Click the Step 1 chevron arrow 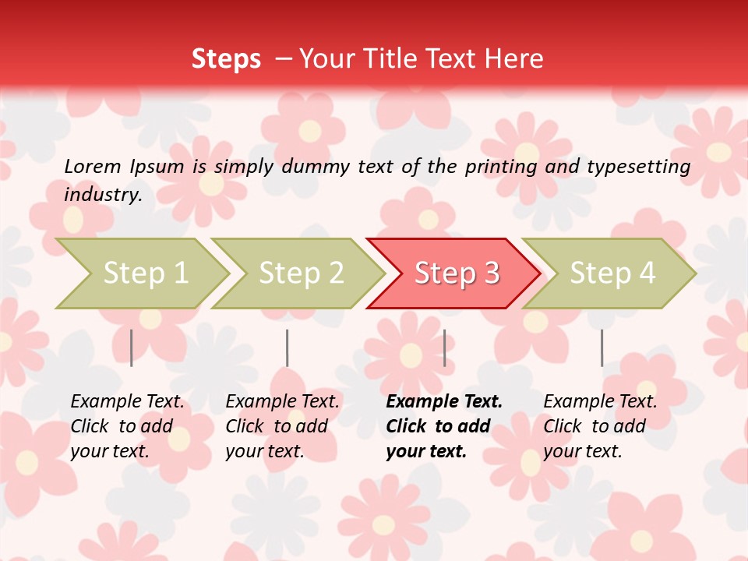144,273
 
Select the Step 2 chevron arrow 300,273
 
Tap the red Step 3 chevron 456,273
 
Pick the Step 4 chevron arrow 612,273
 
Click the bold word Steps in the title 226,59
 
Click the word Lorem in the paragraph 93,166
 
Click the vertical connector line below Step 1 132,348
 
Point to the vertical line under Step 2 288,348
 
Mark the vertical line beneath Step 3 444,348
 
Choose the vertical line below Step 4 602,348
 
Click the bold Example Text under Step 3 444,402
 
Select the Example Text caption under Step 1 127,402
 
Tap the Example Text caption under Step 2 282,402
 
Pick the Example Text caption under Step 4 600,402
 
